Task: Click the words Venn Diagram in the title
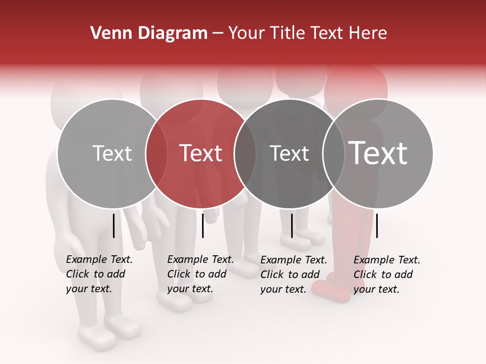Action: coord(149,33)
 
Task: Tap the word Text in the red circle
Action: coord(201,153)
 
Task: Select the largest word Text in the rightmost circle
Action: coord(378,153)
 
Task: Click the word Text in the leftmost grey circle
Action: coord(112,153)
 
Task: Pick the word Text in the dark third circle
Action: coord(289,153)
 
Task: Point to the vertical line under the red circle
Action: coord(202,225)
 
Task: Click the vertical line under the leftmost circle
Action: coord(114,225)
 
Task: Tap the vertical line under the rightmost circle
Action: coord(377,225)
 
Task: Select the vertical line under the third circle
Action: coord(292,225)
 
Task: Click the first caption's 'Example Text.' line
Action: coord(99,260)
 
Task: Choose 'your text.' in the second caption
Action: coord(190,289)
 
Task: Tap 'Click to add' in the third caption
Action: coord(290,275)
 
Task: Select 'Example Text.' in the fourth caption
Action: coord(387,260)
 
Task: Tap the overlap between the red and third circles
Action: coord(245,153)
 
